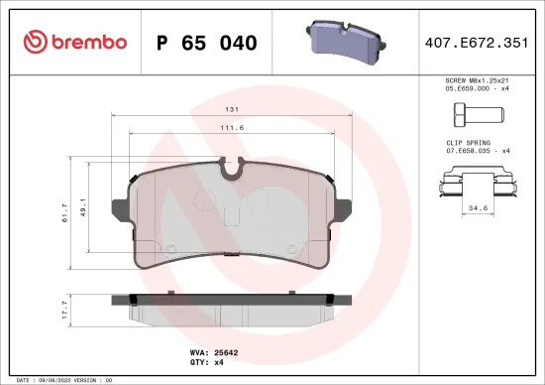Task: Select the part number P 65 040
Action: [207, 43]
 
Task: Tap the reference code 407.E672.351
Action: [478, 43]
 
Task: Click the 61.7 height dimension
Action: [66, 211]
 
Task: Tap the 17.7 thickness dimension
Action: [66, 307]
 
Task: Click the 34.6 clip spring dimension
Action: [479, 208]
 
